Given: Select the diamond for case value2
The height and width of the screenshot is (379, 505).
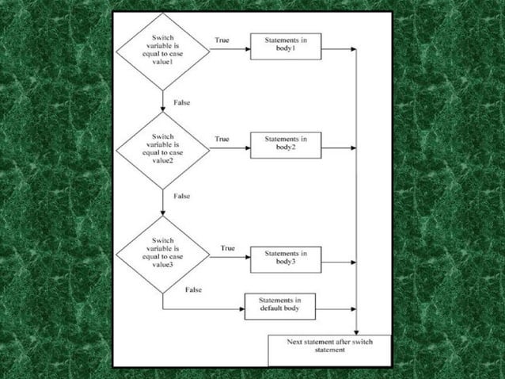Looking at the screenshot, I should [163, 147].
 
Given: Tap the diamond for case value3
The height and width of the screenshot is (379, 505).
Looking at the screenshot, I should [163, 254].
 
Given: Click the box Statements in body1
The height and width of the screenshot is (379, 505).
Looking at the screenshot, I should [286, 46].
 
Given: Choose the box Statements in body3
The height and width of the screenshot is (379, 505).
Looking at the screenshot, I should [286, 258].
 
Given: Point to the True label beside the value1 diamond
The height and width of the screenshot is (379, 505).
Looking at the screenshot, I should [222, 40].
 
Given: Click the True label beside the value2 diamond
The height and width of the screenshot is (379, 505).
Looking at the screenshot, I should [222, 139].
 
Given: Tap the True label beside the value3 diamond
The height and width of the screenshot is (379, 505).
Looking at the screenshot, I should [227, 248].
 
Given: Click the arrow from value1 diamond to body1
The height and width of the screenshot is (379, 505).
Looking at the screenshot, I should [230, 48].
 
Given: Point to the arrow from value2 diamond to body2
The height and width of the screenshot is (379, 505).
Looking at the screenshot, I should [230, 147].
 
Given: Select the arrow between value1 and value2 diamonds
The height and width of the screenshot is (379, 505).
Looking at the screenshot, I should [162, 100].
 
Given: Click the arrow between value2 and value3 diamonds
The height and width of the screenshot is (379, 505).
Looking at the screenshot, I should [162, 202].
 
